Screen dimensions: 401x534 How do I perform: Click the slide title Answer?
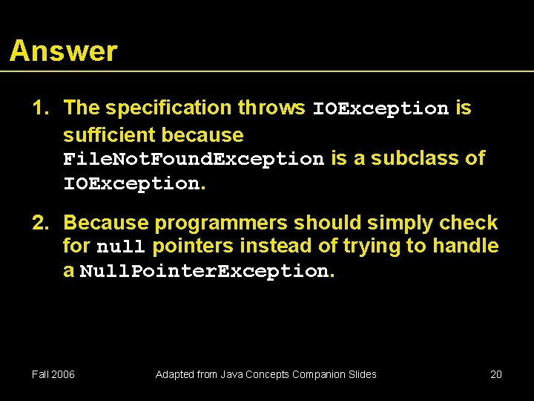64,51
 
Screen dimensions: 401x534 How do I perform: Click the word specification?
168,108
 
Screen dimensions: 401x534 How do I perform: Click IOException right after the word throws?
380,108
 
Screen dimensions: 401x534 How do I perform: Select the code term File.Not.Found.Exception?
194,159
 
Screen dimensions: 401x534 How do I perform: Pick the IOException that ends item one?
131,183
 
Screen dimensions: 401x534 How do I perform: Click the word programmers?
225,223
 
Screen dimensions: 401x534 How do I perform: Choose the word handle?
464,245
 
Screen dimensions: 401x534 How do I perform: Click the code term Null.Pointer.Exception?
203,272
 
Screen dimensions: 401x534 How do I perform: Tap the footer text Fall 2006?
53,374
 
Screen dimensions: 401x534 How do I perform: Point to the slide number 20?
496,374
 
